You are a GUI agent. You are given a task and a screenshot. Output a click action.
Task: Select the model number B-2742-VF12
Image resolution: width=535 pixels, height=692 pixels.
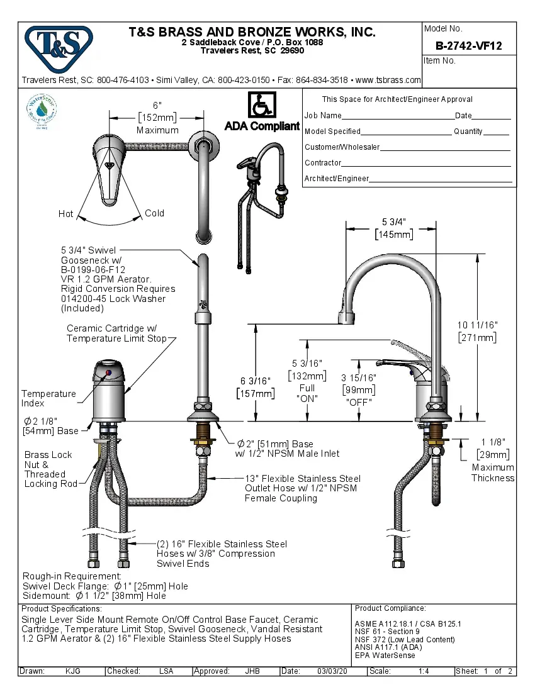point(468,45)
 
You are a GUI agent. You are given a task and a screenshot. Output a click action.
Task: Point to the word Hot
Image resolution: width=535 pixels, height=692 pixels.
point(66,214)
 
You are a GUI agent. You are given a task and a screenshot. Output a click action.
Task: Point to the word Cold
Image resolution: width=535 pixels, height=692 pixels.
point(154,213)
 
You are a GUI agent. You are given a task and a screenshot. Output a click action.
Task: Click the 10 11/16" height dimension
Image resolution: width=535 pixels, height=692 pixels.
point(477,325)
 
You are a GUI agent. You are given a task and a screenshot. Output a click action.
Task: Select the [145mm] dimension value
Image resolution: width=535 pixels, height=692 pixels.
point(393,235)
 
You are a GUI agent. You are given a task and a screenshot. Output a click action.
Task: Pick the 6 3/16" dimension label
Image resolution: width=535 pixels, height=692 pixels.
point(255,381)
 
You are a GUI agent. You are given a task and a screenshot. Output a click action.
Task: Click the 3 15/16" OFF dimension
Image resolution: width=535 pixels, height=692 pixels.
point(359,377)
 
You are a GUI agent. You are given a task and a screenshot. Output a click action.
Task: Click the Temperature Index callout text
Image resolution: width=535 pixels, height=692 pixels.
point(48,398)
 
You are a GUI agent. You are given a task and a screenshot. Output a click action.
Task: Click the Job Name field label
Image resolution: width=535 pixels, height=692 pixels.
point(323,116)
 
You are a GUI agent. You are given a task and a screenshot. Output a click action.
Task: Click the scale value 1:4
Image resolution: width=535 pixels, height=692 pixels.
point(424,671)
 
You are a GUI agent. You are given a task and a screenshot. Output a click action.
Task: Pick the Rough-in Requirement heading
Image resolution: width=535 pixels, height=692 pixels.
point(72,576)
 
